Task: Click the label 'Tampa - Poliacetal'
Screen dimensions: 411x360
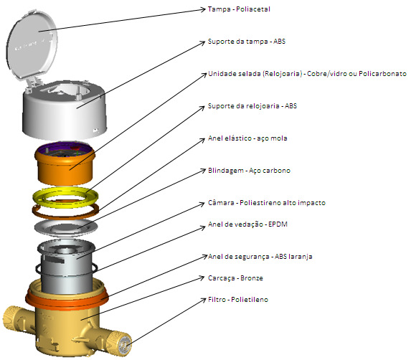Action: [239, 9]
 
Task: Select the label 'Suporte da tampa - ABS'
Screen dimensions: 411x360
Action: [247, 42]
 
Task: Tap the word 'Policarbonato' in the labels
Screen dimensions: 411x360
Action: [382, 74]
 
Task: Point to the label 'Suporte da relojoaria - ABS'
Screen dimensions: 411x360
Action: [252, 106]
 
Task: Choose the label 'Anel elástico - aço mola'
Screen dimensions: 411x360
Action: [247, 138]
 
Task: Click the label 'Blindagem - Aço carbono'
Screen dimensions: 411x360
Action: [249, 170]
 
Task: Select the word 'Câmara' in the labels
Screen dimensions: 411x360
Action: [221, 202]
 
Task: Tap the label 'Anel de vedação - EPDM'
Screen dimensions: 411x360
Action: [247, 224]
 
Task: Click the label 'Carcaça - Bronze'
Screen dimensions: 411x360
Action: [235, 278]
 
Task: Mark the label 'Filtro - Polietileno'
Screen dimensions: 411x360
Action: [238, 300]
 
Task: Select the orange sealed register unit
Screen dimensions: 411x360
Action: [65, 163]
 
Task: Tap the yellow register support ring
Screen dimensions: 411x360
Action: [65, 196]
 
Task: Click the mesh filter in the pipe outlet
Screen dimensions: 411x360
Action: [125, 345]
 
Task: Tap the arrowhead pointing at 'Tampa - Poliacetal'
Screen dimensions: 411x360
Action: [202, 10]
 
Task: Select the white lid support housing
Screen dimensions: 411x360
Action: [65, 110]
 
